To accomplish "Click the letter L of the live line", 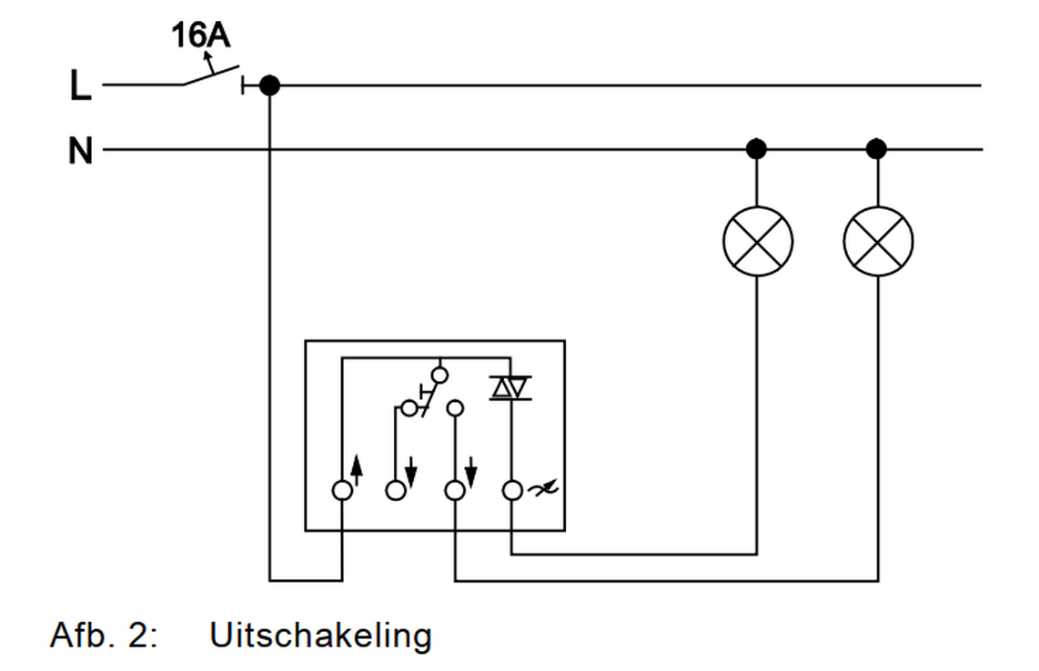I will [x=80, y=86].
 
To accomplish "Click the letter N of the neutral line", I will [x=80, y=150].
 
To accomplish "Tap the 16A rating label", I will [x=200, y=36].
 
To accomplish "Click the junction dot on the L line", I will [x=269, y=85].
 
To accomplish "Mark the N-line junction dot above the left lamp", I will [x=756, y=148].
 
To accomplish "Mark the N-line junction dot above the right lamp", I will [x=877, y=148].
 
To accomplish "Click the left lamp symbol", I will [x=757, y=242].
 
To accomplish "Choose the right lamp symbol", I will [x=878, y=242].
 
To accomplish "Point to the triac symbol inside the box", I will [x=510, y=388].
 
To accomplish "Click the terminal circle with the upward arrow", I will [x=342, y=491].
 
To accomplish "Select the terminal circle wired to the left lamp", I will [x=512, y=491].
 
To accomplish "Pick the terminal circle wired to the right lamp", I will [x=454, y=491].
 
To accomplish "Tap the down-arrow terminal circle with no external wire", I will [x=396, y=491].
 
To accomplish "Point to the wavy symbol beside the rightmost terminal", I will [x=543, y=490].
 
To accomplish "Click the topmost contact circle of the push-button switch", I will [x=439, y=374].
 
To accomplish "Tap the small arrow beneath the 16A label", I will [x=207, y=60].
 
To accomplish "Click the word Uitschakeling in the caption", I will [x=320, y=635].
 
